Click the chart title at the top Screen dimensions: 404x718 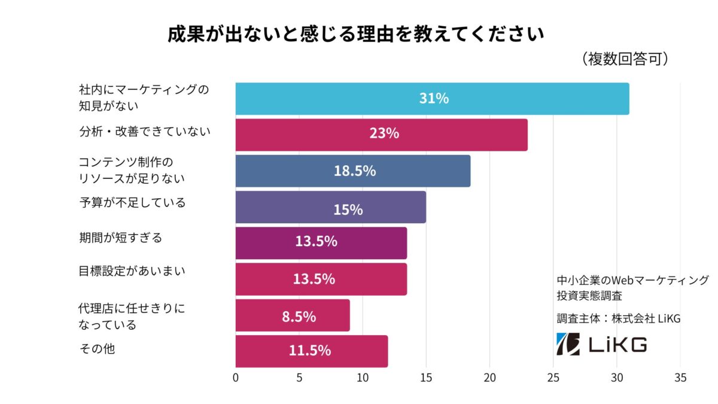pyautogui.click(x=356, y=34)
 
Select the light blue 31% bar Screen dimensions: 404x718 pyautogui.click(x=432, y=99)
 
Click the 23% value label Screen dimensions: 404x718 pyautogui.click(x=384, y=134)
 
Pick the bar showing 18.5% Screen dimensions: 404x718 pyautogui.click(x=352, y=171)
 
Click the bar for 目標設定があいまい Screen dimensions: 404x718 pyautogui.click(x=321, y=279)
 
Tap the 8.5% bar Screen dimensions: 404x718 pyautogui.click(x=293, y=315)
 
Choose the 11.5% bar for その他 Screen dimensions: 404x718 pyautogui.click(x=311, y=351)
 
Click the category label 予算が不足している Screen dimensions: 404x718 pyautogui.click(x=132, y=203)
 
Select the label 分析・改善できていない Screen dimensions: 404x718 pyautogui.click(x=145, y=131)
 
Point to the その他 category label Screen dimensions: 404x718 pyautogui.click(x=97, y=348)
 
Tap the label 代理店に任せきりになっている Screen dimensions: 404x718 pyautogui.click(x=132, y=317)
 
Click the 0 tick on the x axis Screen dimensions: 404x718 pyautogui.click(x=236, y=378)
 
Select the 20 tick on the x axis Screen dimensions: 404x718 pyautogui.click(x=489, y=378)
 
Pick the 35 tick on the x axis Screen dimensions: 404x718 pyautogui.click(x=680, y=378)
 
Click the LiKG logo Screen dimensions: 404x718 pyautogui.click(x=601, y=344)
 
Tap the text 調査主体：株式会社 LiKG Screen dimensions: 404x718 pyautogui.click(x=619, y=318)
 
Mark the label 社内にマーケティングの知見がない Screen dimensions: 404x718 pyautogui.click(x=144, y=98)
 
